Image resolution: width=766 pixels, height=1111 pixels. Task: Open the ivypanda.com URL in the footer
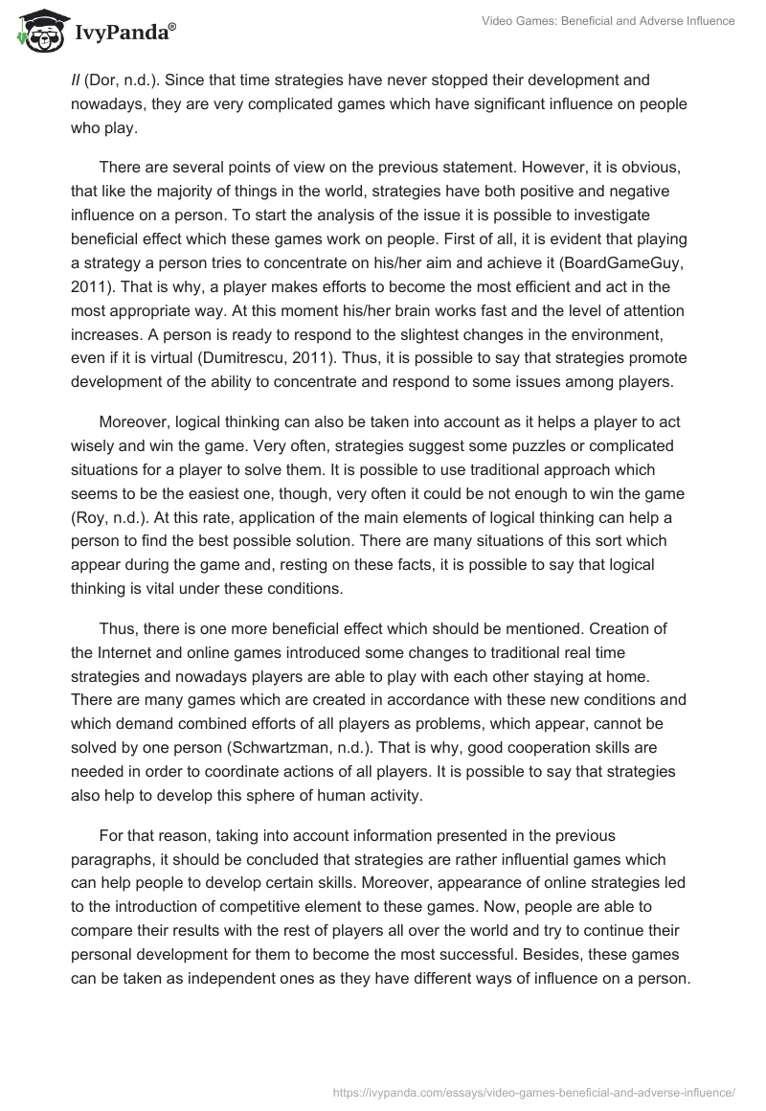pos(533,1091)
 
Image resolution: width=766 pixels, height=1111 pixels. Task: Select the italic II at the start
pos(76,79)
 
